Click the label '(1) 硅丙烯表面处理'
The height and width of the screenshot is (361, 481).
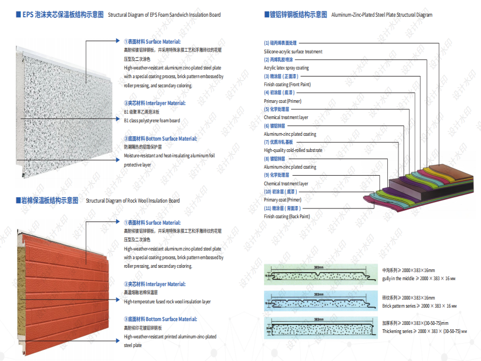(x=280, y=43)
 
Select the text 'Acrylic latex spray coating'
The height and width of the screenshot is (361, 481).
(x=286, y=68)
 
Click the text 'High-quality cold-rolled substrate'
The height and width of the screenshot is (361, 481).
(x=293, y=150)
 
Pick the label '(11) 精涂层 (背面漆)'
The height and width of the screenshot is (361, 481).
(x=282, y=208)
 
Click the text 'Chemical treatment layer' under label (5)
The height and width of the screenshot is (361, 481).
(x=286, y=117)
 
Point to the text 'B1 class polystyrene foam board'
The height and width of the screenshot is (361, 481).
(x=152, y=121)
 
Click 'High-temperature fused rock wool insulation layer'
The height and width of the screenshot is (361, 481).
(x=167, y=302)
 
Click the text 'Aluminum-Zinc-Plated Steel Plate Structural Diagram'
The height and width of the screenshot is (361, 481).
(x=382, y=15)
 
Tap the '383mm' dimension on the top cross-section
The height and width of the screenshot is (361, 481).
(x=318, y=267)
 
